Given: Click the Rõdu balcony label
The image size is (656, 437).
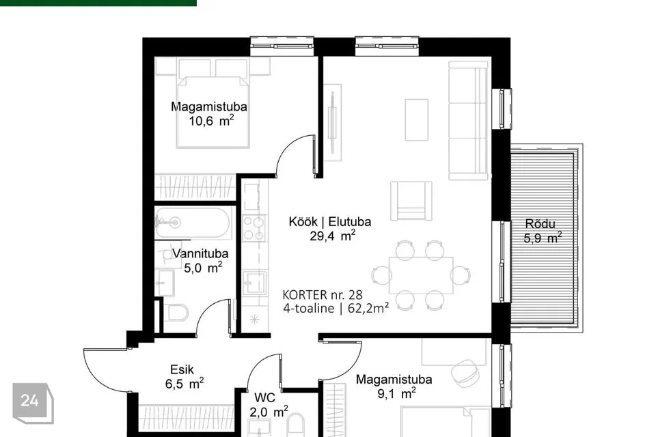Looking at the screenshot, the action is (540, 223).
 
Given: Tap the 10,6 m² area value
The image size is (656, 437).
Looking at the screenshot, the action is (211, 121).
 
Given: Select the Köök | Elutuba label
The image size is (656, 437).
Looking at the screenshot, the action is (329, 221).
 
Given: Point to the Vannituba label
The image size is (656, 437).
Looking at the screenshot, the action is (200, 253).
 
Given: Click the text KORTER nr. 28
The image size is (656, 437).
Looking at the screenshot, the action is (323, 295).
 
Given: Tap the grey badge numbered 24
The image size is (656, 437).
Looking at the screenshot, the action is (33, 403).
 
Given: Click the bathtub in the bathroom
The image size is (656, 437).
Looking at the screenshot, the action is (193, 223).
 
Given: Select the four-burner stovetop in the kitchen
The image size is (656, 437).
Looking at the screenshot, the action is (254, 228).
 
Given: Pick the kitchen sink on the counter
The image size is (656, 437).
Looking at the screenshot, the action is (255, 282).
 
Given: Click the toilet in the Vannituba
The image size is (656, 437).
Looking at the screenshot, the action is (176, 312).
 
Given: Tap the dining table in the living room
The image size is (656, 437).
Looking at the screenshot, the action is (421, 275).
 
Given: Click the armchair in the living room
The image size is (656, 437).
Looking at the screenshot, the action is (411, 201).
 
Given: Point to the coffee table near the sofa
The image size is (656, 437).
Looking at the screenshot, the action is (417, 119).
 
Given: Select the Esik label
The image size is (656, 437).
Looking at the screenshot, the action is (182, 369).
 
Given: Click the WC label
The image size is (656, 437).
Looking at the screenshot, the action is (264, 397).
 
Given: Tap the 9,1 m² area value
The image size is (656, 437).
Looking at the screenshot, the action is (396, 393).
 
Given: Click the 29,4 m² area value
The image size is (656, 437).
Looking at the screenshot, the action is (333, 236).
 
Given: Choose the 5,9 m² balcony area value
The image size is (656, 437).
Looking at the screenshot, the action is (543, 238).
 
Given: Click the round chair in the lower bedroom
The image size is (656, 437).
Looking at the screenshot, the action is (465, 371).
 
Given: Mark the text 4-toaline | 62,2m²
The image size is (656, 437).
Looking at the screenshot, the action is (336, 309).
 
